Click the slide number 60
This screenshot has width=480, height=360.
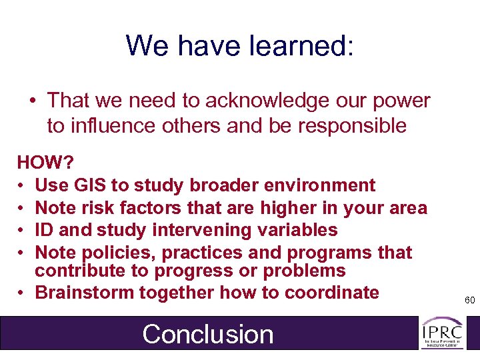(469, 301)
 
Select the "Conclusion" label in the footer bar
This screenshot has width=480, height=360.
(207, 334)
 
